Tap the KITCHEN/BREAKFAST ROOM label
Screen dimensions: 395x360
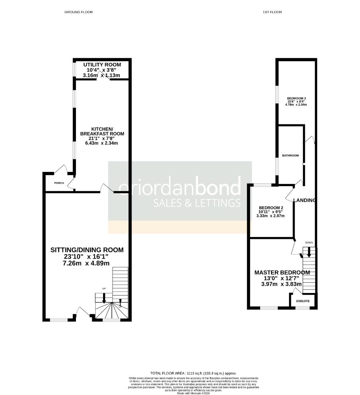(x=102, y=131)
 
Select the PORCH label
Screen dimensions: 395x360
(x=59, y=183)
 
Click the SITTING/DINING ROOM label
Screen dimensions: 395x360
(x=87, y=250)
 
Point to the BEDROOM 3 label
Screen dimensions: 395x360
(x=296, y=98)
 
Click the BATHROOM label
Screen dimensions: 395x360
(x=290, y=155)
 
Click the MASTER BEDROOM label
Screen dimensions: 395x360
(x=282, y=272)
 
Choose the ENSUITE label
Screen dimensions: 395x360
(x=303, y=301)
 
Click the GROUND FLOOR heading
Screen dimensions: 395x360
(x=79, y=12)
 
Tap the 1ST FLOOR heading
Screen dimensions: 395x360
(x=272, y=12)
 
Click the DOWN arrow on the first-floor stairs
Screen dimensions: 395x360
(x=309, y=252)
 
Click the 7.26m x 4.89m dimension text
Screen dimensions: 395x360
(x=87, y=263)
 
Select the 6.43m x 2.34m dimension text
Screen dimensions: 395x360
(x=102, y=143)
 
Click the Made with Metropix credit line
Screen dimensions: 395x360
(x=194, y=393)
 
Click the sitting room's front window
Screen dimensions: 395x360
(x=59, y=320)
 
